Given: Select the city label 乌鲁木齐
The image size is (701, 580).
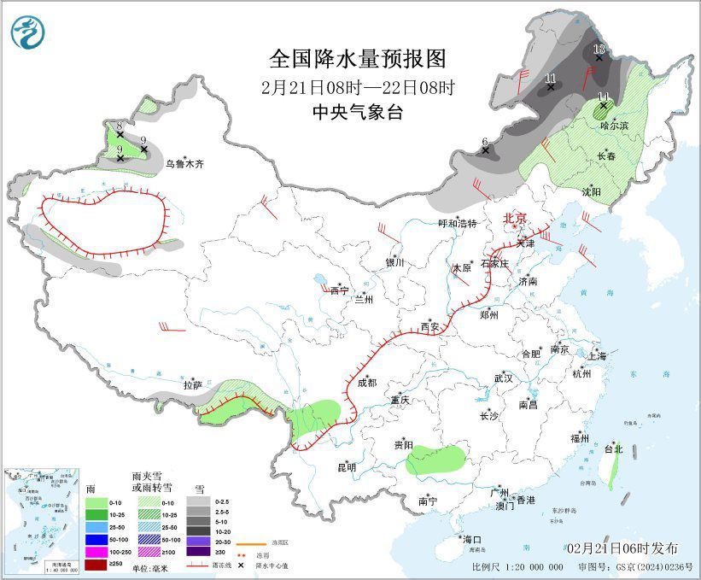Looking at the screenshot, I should coord(185,164).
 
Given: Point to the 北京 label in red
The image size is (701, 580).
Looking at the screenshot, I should coord(516,219).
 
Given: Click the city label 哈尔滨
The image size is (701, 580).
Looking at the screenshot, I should coord(613,126).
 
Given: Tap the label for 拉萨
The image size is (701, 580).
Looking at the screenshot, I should coord(192,385).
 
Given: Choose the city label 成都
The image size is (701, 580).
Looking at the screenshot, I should coord(365,384).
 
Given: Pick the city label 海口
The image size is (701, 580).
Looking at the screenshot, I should coord(472,540).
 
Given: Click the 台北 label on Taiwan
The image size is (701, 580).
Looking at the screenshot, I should coord(613,448).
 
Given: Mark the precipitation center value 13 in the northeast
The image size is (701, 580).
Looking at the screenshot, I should coord(599,50).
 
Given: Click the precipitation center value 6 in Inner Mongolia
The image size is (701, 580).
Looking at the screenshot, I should coord(484,142).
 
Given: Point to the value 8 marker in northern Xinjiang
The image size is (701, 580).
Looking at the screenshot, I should coord(120,126).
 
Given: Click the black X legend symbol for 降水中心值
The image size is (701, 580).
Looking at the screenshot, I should coord(242,565).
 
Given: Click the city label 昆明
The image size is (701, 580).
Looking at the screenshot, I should coord(346,467).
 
